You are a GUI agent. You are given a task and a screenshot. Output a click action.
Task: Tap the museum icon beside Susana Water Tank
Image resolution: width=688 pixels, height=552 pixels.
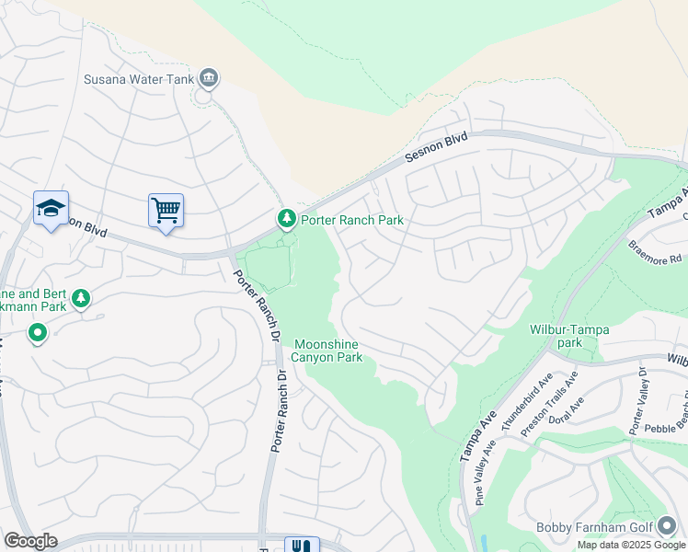pos(209,78)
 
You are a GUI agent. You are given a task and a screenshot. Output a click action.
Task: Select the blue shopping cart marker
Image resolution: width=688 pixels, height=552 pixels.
pos(166,211)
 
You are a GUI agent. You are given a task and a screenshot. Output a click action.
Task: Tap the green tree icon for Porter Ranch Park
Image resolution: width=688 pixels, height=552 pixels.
pos(286,218)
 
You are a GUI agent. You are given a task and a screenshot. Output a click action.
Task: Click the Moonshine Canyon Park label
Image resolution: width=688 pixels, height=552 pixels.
pos(327,351)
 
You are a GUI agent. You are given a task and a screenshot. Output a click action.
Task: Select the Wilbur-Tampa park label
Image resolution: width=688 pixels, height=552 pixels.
pos(569,336)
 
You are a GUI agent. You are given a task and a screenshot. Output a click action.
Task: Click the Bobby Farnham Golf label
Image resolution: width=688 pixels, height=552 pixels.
pos(594,527)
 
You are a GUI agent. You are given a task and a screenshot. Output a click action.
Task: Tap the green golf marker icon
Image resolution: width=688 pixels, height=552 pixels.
pos(666,526)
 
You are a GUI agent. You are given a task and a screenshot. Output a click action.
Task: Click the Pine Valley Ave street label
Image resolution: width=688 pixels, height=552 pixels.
pos(487,471)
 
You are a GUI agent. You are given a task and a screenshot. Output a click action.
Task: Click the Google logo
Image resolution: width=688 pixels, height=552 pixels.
pos(31,541)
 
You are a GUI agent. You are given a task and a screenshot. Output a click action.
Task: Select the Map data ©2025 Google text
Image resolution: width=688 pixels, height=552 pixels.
pos(632,545)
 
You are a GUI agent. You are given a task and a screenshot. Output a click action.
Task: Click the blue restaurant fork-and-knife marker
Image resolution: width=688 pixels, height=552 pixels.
pos(301,545)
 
